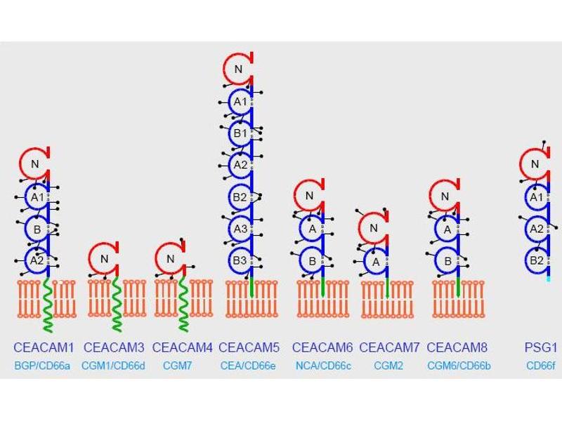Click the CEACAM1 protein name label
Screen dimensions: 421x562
(x=42, y=347)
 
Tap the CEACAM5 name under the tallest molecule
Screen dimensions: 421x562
(x=249, y=347)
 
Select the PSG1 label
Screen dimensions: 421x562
(x=540, y=347)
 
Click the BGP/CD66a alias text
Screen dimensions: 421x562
(x=42, y=365)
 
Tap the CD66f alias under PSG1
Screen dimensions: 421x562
(x=541, y=365)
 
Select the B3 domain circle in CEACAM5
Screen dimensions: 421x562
(x=240, y=260)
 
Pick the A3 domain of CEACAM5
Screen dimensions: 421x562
(x=240, y=228)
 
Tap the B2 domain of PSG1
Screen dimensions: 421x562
(x=535, y=260)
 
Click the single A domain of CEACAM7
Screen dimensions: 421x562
(x=374, y=260)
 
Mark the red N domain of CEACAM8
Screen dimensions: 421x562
(x=444, y=196)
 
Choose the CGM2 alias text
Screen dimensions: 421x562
(x=388, y=365)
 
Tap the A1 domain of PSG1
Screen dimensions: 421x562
(x=535, y=197)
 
